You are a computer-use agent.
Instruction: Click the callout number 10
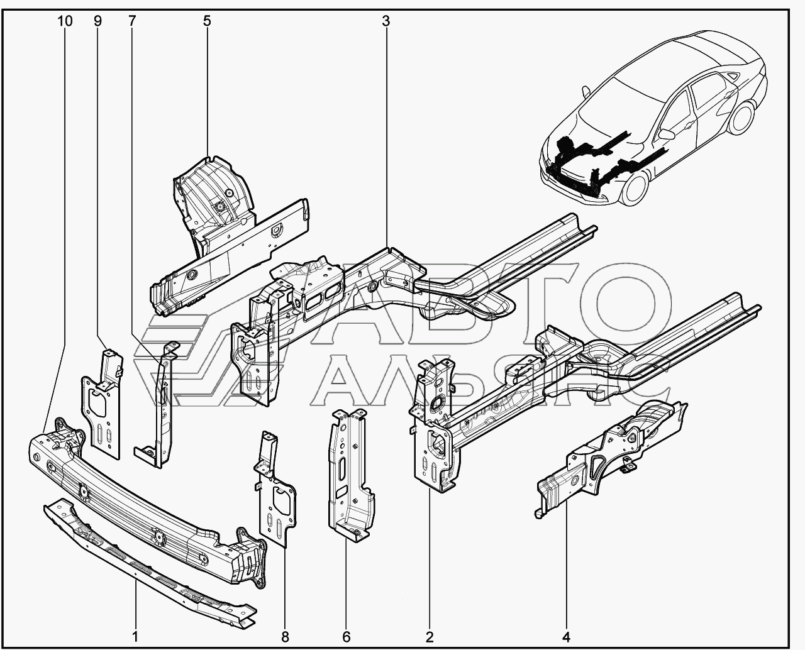tap(65, 21)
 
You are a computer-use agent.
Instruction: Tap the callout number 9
tap(98, 21)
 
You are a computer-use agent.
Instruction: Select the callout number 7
tap(131, 21)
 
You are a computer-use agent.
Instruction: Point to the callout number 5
tap(207, 21)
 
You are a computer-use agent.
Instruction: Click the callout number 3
tap(386, 21)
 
